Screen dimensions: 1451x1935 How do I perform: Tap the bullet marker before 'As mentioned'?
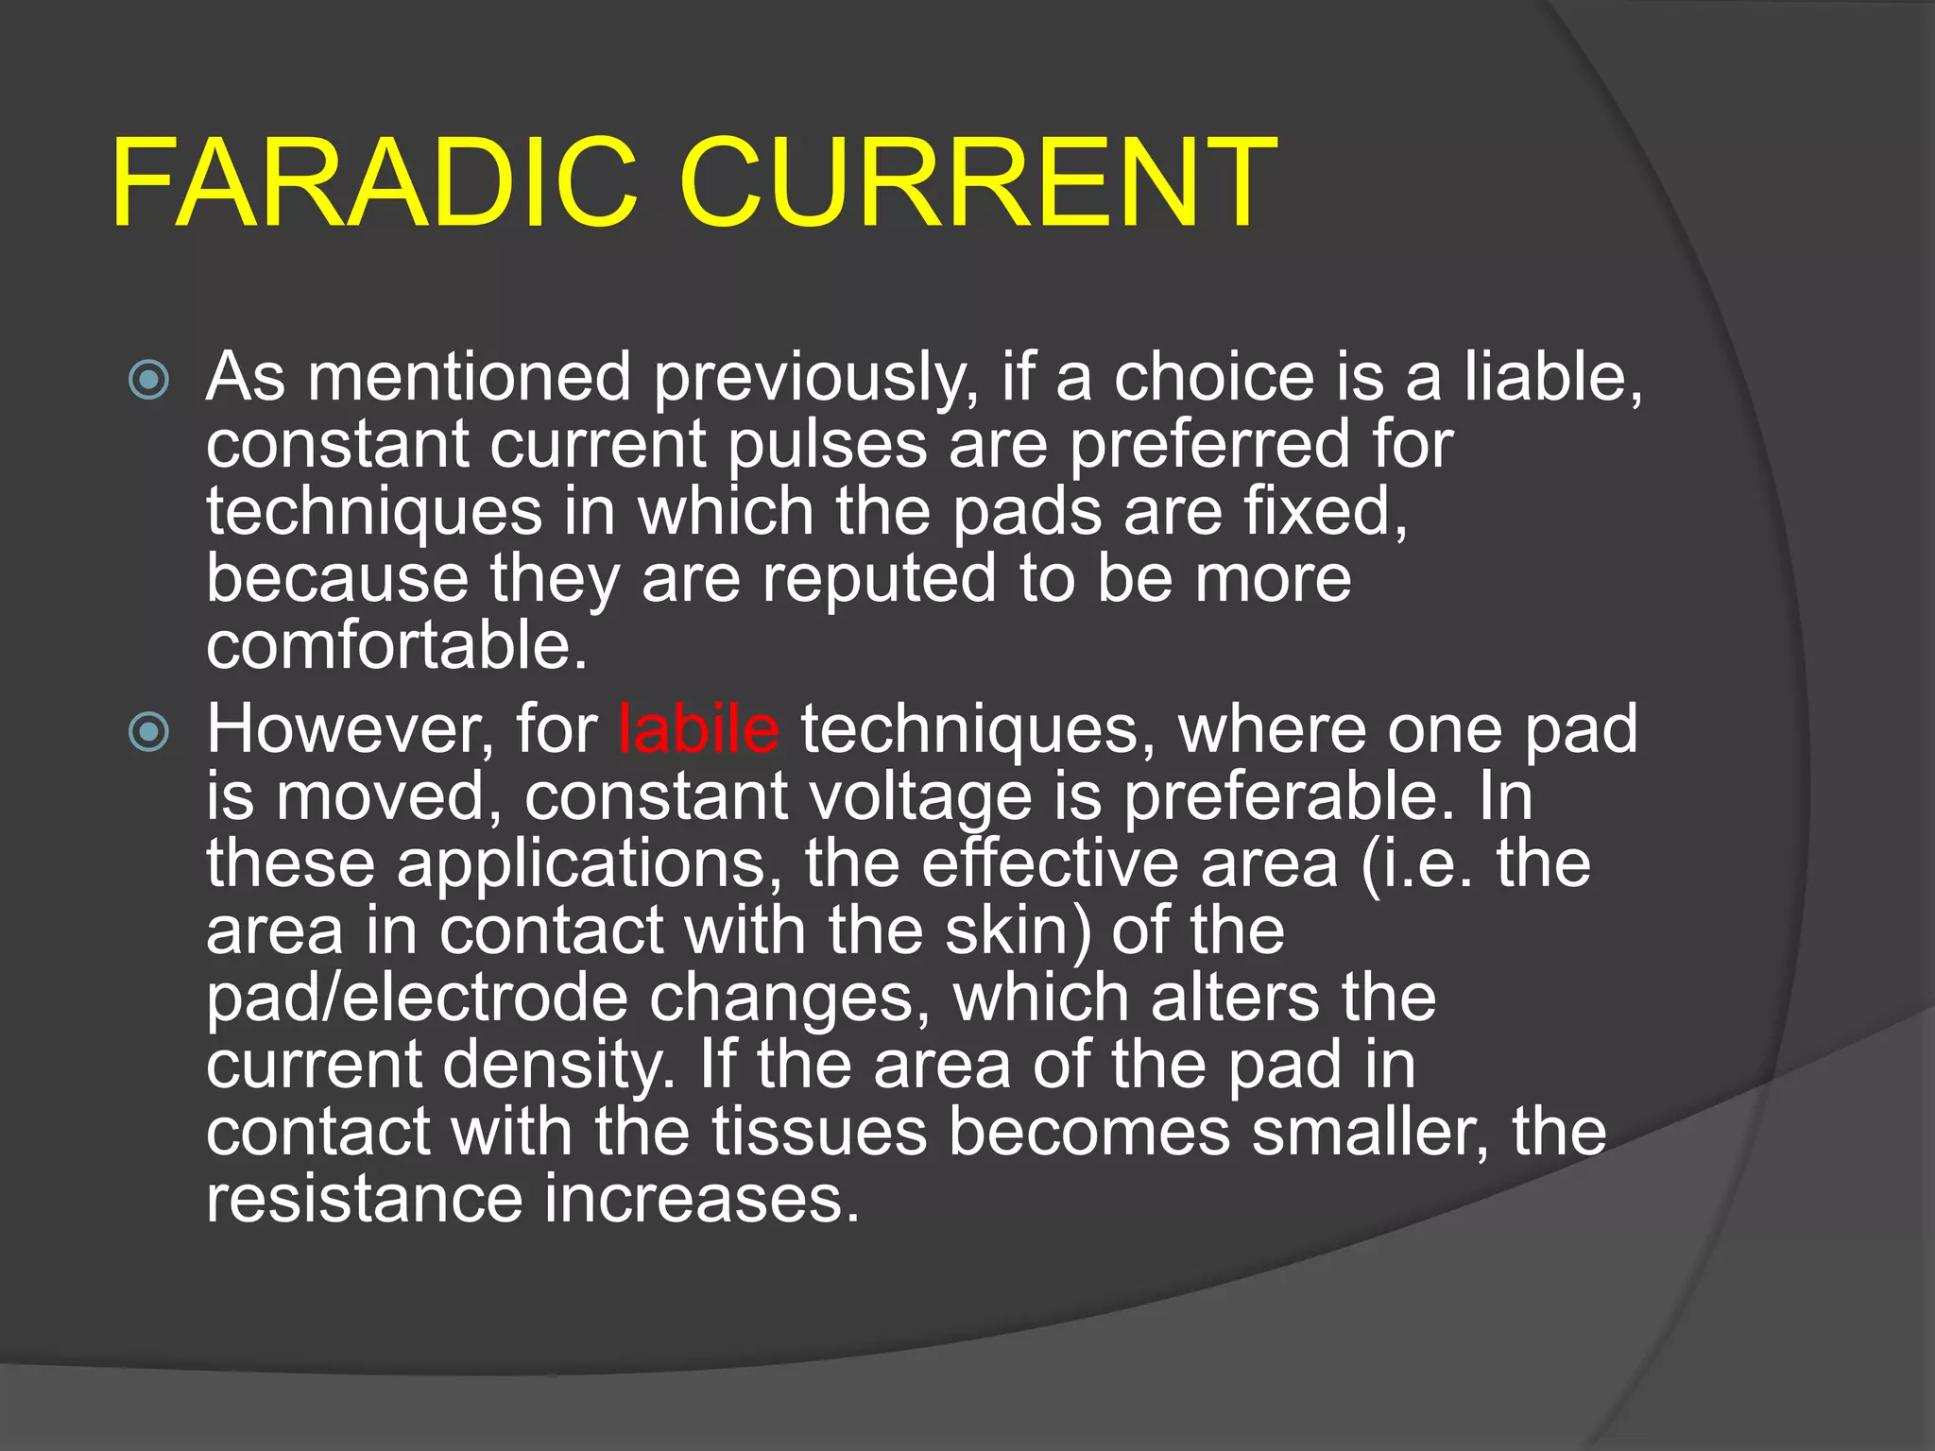[149, 381]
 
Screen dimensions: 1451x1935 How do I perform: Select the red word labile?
[698, 730]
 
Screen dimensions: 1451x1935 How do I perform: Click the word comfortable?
[397, 646]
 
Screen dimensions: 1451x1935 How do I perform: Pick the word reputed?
[879, 579]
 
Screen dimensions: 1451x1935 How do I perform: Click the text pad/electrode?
[417, 999]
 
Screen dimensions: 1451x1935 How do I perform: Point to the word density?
[558, 1067]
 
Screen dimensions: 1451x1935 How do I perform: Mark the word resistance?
[364, 1199]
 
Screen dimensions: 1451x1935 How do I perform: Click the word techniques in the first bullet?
[374, 513]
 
